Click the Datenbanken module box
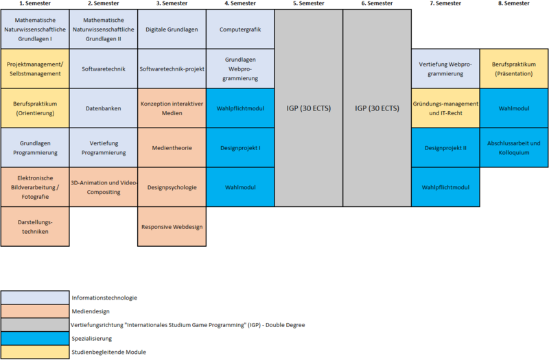pos(103,108)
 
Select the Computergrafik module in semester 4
pos(240,29)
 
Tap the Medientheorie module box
pos(171,147)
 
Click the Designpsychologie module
pos(171,187)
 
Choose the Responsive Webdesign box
pos(171,226)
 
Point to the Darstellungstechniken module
pos(34,226)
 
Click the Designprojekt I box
pos(240,147)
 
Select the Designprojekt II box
pos(445,147)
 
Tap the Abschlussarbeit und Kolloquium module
pos(514,147)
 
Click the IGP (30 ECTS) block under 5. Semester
pos(308,108)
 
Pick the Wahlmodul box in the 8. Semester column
pos(514,108)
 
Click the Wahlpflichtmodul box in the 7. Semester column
pos(445,187)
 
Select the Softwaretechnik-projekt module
pos(171,69)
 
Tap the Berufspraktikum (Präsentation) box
pos(514,69)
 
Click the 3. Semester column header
pos(171,4)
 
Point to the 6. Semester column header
pos(377,4)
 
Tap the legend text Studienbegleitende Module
pos(108,352)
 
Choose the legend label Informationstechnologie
pos(104,298)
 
